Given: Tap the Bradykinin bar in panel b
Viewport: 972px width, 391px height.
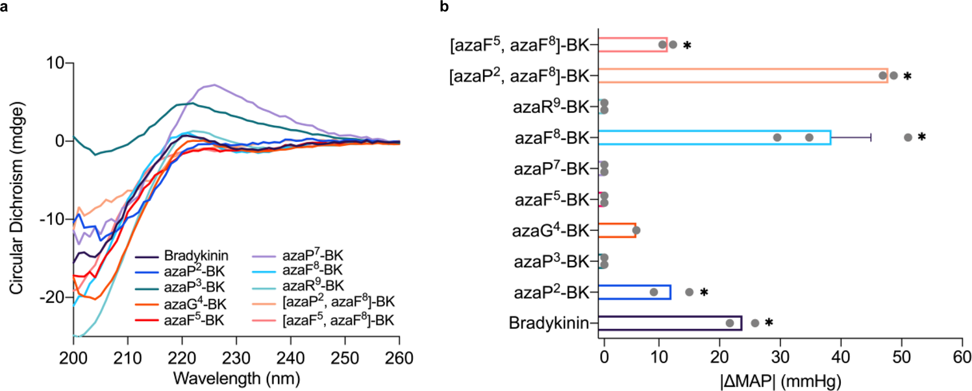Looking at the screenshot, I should [669, 322].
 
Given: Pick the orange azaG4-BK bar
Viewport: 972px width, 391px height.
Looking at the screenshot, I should [616, 230].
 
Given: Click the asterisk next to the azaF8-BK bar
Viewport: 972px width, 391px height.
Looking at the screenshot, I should [921, 137].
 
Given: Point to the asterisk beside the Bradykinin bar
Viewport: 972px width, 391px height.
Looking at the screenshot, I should [769, 323].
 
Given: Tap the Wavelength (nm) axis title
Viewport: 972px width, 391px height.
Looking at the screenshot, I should [236, 375].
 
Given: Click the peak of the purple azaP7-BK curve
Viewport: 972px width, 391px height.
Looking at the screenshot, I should [214, 84].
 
